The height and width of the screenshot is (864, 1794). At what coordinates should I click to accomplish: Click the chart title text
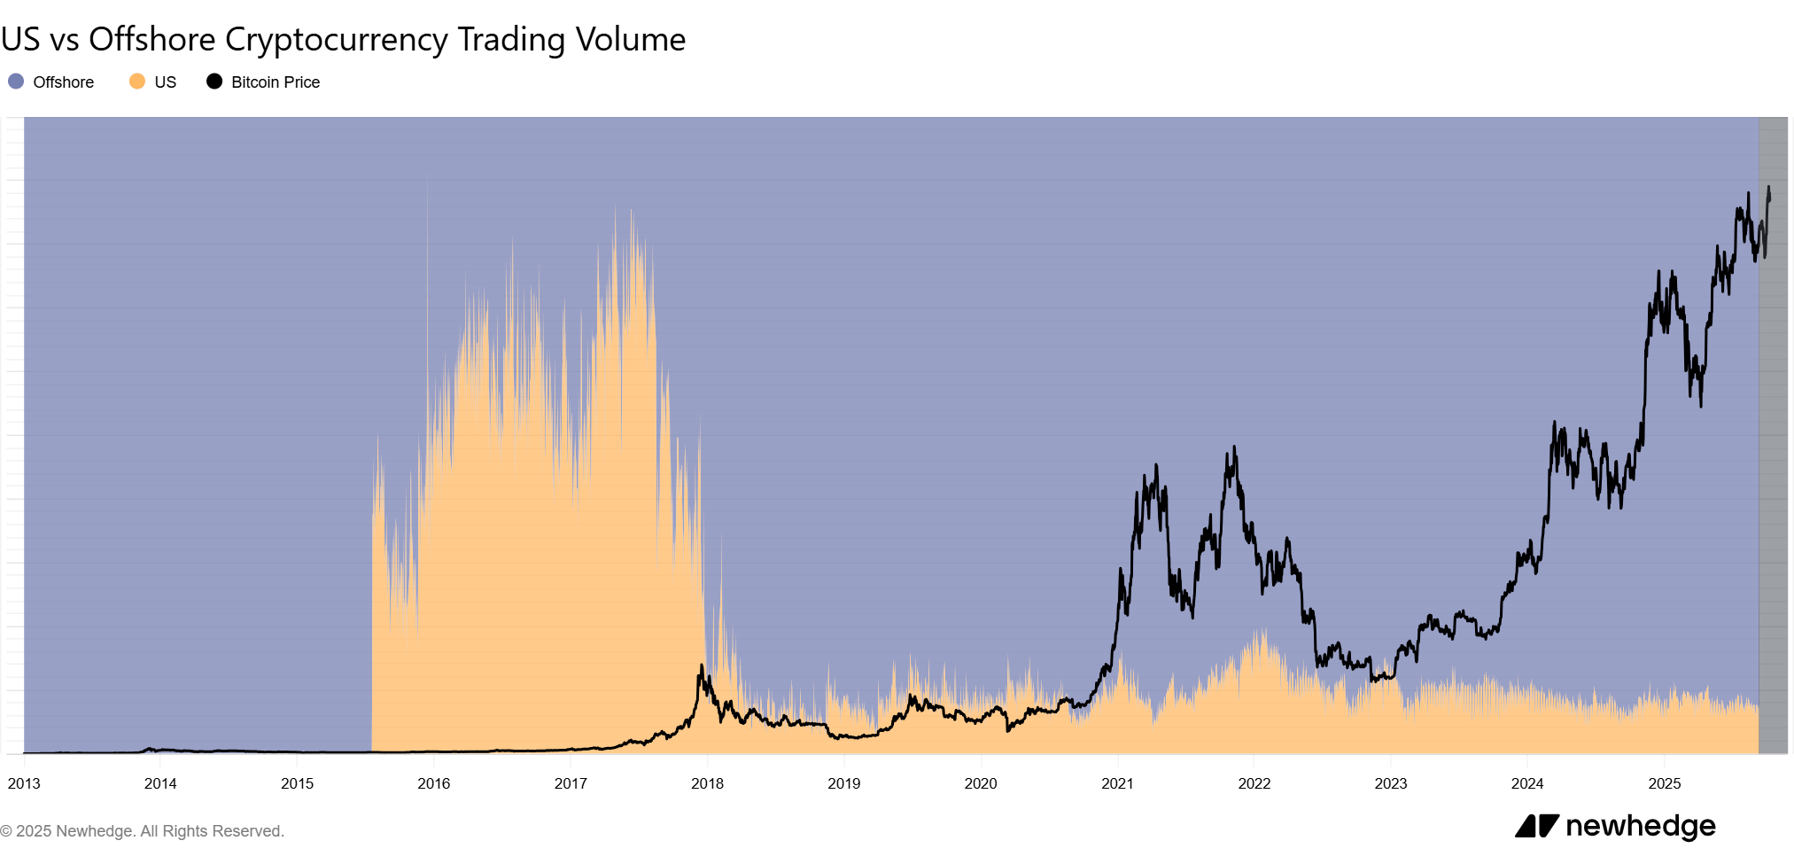point(343,40)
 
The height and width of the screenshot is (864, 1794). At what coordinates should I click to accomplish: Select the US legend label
point(165,82)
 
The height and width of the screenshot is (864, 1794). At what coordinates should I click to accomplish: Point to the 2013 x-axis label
point(24,783)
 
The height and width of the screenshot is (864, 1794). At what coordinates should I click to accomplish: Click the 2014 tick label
point(160,783)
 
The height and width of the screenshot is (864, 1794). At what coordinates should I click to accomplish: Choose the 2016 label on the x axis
point(434,783)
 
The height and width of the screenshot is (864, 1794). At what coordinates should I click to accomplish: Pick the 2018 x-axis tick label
point(707,783)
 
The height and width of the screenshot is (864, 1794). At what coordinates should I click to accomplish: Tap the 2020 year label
point(981,783)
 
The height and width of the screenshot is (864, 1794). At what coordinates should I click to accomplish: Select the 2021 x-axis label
point(1117,783)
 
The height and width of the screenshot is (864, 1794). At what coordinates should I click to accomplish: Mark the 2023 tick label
point(1391,783)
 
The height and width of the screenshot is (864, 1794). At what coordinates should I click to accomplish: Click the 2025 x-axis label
point(1664,783)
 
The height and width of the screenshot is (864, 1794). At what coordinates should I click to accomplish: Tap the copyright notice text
point(142,831)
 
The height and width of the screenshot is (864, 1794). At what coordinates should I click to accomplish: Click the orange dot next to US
point(137,82)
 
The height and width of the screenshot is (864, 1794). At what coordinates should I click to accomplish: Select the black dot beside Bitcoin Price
point(214,82)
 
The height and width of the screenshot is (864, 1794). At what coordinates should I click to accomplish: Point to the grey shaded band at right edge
point(1773,434)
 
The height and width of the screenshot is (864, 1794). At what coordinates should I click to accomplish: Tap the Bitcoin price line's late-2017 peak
point(702,666)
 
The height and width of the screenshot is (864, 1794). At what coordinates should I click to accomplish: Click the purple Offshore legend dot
point(16,82)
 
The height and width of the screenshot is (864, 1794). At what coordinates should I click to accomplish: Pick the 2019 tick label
point(844,783)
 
